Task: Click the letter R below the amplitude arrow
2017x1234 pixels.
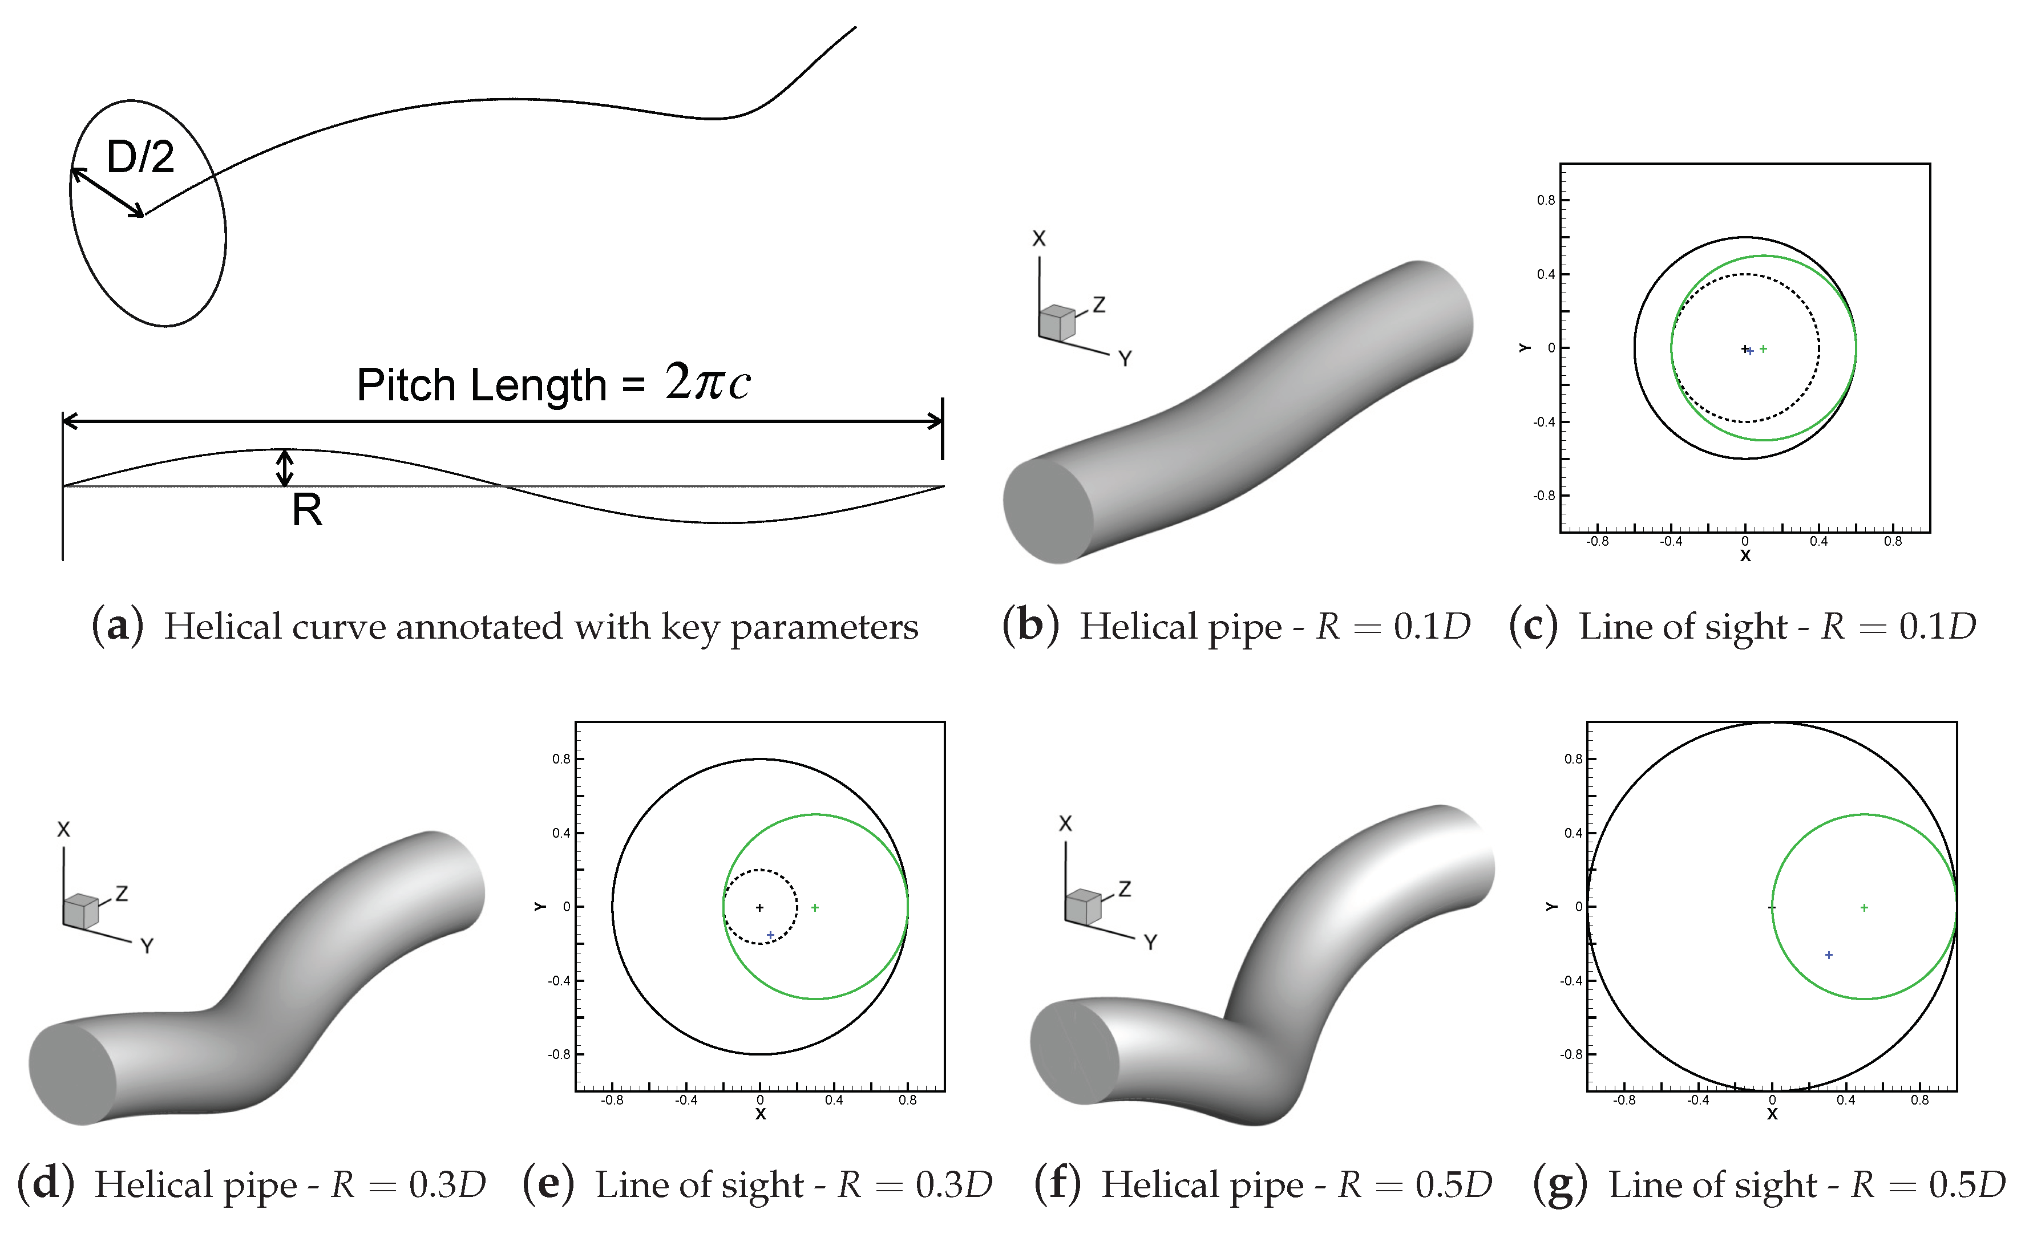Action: click(x=307, y=510)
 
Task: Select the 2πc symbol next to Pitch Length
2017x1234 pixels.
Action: click(x=708, y=381)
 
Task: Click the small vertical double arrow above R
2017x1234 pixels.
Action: click(x=284, y=468)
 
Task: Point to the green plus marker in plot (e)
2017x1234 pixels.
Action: click(x=814, y=907)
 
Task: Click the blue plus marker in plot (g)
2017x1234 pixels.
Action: click(x=1829, y=955)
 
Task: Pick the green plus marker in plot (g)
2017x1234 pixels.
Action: click(x=1864, y=907)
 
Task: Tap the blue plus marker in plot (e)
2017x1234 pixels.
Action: click(x=770, y=935)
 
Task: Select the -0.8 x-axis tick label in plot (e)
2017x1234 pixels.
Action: click(x=612, y=1101)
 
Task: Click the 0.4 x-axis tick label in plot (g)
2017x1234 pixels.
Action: click(x=1846, y=1101)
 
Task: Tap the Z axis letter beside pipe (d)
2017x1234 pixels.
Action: click(x=122, y=894)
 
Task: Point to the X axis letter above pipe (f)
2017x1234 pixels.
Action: click(x=1065, y=824)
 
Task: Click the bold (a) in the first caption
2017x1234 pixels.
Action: click(x=117, y=627)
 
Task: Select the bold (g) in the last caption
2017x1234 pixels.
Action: click(x=1559, y=1185)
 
